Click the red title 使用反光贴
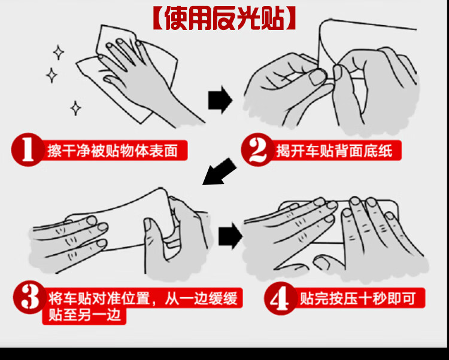[224, 19]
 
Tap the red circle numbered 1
[28, 150]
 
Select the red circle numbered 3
[30, 297]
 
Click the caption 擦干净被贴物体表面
[113, 151]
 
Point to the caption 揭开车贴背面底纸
[334, 151]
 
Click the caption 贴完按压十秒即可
[357, 298]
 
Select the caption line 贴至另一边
[84, 315]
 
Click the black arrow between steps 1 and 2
[220, 100]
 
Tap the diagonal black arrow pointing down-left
[219, 172]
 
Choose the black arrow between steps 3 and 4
[230, 236]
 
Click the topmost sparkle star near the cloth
[59, 53]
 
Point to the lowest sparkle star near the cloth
[75, 108]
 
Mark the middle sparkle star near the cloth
[51, 75]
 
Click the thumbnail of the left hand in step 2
[317, 77]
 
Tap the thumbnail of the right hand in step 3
[148, 224]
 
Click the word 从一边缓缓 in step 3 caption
[201, 298]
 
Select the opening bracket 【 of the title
[159, 19]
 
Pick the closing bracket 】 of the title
[290, 19]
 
